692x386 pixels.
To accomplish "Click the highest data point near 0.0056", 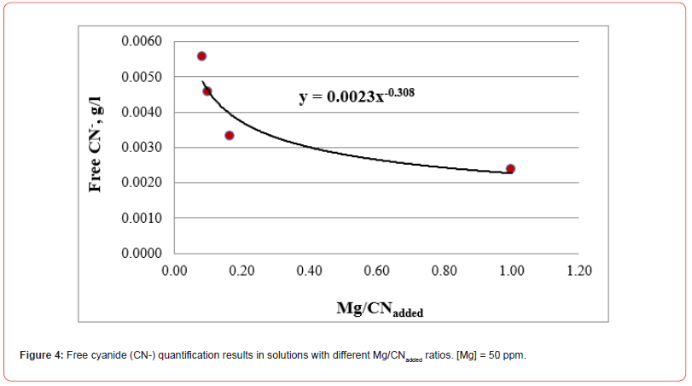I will click(201, 56).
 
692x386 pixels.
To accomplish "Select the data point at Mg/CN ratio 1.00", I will click(510, 169).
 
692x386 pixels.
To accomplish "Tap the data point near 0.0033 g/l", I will click(230, 136).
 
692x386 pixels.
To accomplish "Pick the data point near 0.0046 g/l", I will click(207, 91).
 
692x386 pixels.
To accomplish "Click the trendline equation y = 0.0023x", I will click(356, 96).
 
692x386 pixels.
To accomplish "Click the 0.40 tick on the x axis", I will click(309, 272).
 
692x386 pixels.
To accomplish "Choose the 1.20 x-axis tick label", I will click(579, 272).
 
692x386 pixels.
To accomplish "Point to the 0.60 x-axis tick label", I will click(376, 272).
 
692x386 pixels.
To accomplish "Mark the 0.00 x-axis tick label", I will click(174, 272).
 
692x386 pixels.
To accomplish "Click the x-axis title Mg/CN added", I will click(380, 309).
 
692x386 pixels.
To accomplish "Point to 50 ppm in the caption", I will click(509, 355).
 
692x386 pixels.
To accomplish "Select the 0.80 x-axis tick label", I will click(444, 272).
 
